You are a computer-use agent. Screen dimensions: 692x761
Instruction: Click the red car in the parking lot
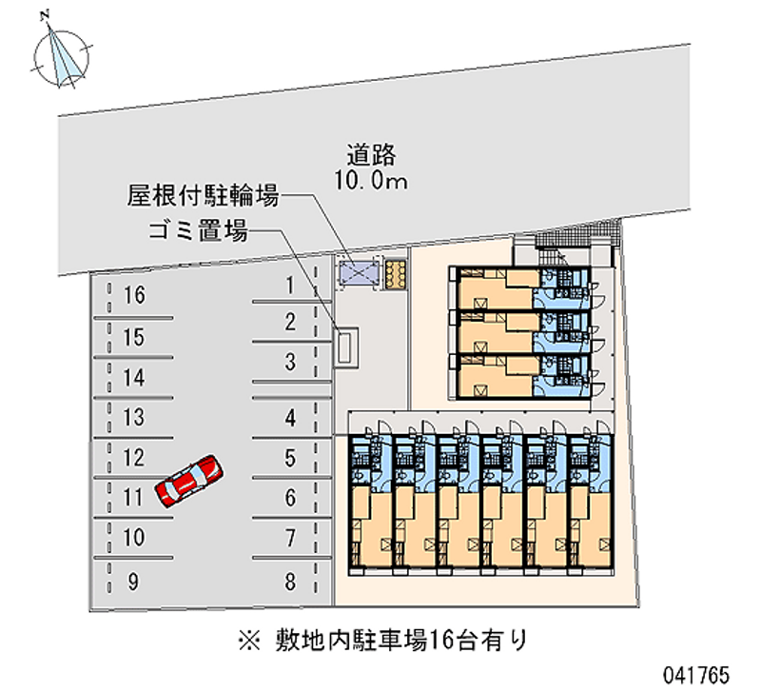(189, 480)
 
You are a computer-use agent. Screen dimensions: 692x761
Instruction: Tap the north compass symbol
(62, 54)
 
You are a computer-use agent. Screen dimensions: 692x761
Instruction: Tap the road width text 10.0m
(370, 180)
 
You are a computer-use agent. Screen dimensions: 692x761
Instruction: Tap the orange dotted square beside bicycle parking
(396, 273)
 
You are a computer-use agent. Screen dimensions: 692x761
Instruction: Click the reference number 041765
(697, 673)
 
